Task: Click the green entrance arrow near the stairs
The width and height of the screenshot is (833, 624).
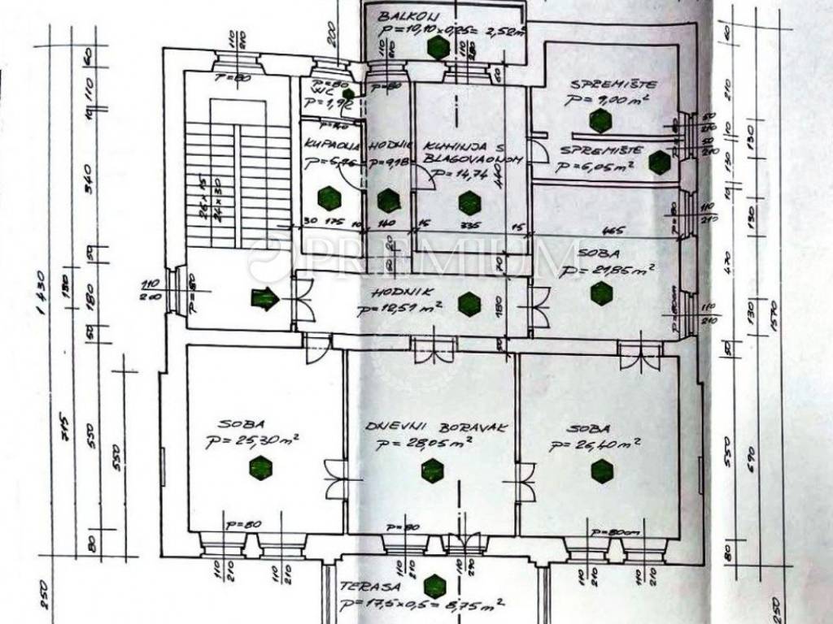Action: [264, 300]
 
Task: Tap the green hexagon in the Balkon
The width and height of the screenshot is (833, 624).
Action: [438, 48]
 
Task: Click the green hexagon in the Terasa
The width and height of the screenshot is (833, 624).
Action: [435, 584]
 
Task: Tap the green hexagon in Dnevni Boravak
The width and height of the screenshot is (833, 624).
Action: [433, 470]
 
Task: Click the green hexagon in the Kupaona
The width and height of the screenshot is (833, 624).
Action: [329, 197]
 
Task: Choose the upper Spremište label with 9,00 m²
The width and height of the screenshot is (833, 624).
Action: [602, 84]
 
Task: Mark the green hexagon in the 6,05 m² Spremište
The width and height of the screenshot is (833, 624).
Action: [659, 162]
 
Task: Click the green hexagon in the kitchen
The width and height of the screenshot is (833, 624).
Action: [469, 202]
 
